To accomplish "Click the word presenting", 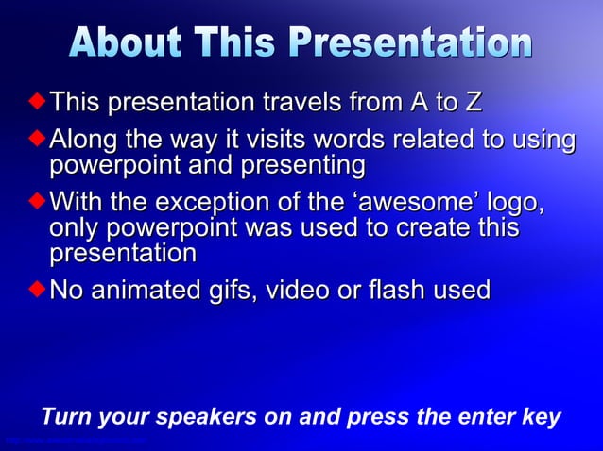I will pos(305,166).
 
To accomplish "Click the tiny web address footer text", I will pos(76,441).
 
